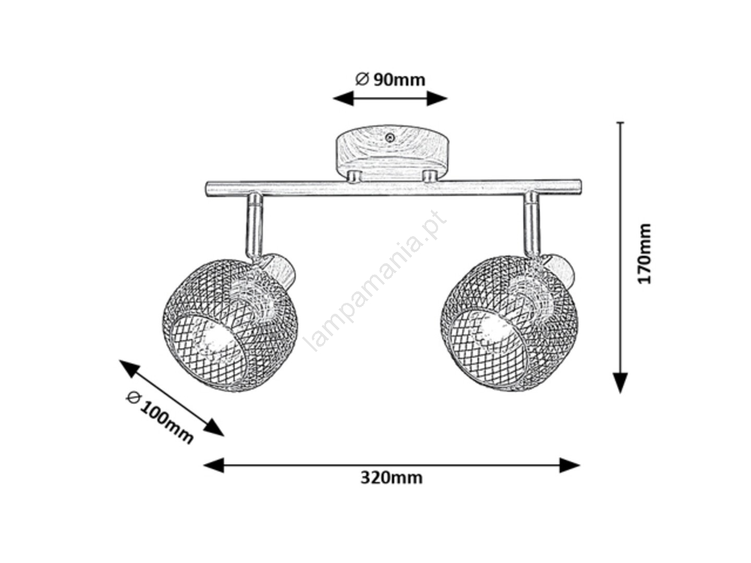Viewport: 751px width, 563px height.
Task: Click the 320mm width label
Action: click(391, 478)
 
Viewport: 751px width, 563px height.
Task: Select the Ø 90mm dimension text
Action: click(390, 80)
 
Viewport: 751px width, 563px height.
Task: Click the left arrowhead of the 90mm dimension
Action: click(343, 99)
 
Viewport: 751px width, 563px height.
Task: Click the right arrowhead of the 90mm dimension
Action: click(437, 99)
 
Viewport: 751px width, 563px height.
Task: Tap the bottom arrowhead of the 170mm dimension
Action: click(620, 383)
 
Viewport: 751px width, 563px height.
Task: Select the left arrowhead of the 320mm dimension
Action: click(213, 465)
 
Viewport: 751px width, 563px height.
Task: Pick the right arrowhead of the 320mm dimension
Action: click(570, 465)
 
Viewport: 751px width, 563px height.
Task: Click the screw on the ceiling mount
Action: click(389, 138)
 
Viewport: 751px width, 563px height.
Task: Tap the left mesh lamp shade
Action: click(230, 325)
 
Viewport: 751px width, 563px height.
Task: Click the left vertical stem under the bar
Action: click(254, 226)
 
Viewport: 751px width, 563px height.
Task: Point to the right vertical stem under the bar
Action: click(533, 224)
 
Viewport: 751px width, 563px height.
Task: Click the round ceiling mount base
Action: click(392, 153)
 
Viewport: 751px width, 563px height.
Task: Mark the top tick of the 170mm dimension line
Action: click(620, 122)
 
